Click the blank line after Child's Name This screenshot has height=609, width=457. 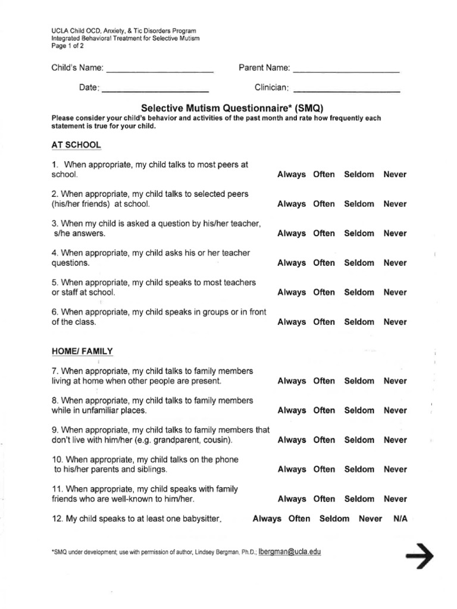point(159,70)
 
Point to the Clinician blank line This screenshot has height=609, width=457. point(347,90)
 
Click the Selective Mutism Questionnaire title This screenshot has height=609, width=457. point(231,108)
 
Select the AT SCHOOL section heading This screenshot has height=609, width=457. point(76,145)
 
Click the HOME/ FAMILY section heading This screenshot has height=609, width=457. point(82,351)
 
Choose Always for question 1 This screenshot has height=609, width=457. point(292,174)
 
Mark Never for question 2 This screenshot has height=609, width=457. point(395,204)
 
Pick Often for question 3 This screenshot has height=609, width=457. point(324,233)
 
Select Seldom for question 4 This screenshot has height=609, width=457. point(359,263)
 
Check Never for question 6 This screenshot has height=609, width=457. point(395,322)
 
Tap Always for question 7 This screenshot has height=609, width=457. point(292,381)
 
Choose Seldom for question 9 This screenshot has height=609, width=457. point(359,440)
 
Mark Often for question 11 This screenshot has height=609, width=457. point(324,499)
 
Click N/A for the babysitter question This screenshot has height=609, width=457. point(400,519)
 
